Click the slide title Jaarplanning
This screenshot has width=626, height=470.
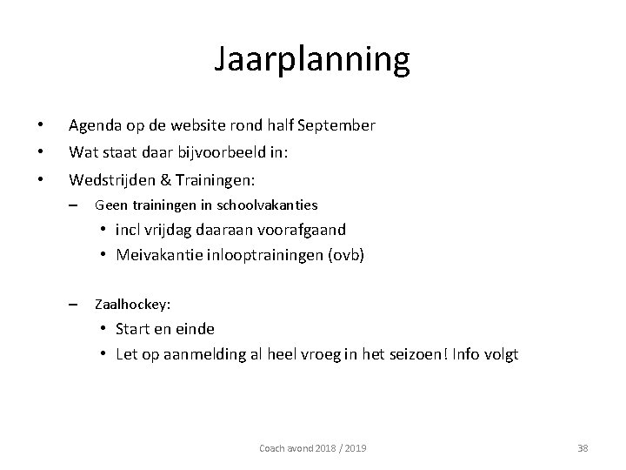click(312, 60)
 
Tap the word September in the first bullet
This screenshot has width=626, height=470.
click(336, 125)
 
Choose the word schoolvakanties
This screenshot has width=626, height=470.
click(275, 205)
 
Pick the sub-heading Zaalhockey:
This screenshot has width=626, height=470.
click(132, 305)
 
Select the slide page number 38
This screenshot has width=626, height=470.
click(583, 447)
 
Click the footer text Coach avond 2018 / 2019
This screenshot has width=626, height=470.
click(313, 447)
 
